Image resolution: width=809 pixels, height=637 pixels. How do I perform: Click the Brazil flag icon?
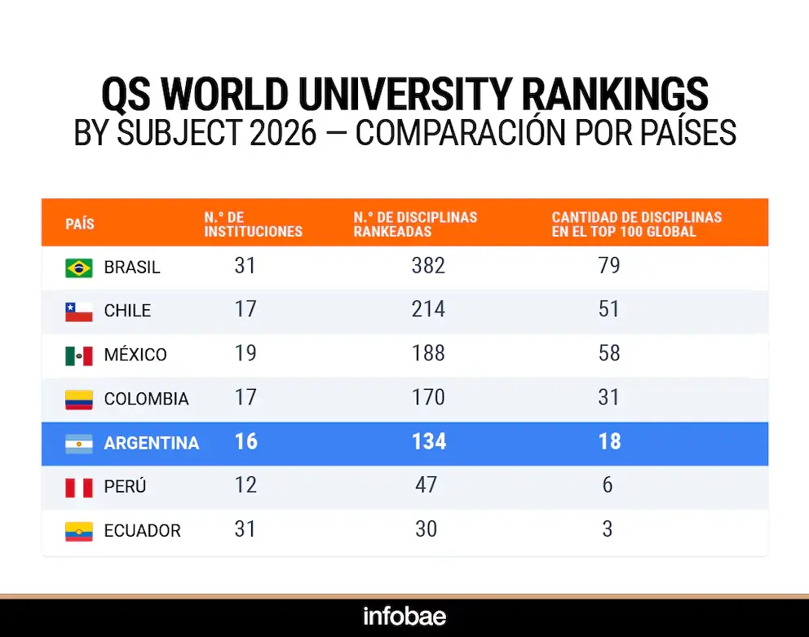click(x=79, y=267)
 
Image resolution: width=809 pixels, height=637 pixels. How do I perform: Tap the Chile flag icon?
click(x=79, y=311)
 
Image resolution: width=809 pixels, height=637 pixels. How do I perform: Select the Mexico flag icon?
click(x=79, y=355)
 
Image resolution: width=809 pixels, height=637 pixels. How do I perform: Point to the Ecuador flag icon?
click(x=79, y=531)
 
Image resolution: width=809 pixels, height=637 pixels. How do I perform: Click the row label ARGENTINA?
click(x=152, y=443)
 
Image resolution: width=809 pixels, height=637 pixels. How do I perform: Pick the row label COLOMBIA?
click(x=146, y=399)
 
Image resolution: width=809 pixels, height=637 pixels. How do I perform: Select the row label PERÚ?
click(x=126, y=487)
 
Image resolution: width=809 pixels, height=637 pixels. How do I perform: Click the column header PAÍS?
click(x=80, y=223)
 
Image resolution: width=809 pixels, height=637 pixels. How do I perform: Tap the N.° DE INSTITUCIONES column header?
click(x=253, y=224)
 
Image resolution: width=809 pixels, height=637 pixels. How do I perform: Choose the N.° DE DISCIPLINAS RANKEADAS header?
click(x=415, y=224)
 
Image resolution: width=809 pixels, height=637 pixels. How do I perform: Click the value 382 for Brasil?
click(x=428, y=266)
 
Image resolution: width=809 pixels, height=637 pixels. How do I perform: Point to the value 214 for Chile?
click(x=428, y=310)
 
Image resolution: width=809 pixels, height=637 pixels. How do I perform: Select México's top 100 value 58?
click(x=608, y=353)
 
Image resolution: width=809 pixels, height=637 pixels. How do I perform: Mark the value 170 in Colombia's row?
click(x=428, y=397)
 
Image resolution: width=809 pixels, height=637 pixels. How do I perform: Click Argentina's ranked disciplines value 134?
click(x=429, y=441)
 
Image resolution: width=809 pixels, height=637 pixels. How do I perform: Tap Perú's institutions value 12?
click(x=245, y=485)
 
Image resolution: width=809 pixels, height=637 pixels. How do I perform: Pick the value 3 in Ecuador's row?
click(x=608, y=529)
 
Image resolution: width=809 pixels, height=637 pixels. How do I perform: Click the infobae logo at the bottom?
click(x=404, y=616)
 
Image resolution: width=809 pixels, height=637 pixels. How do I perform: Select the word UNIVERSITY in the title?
click(x=404, y=95)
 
